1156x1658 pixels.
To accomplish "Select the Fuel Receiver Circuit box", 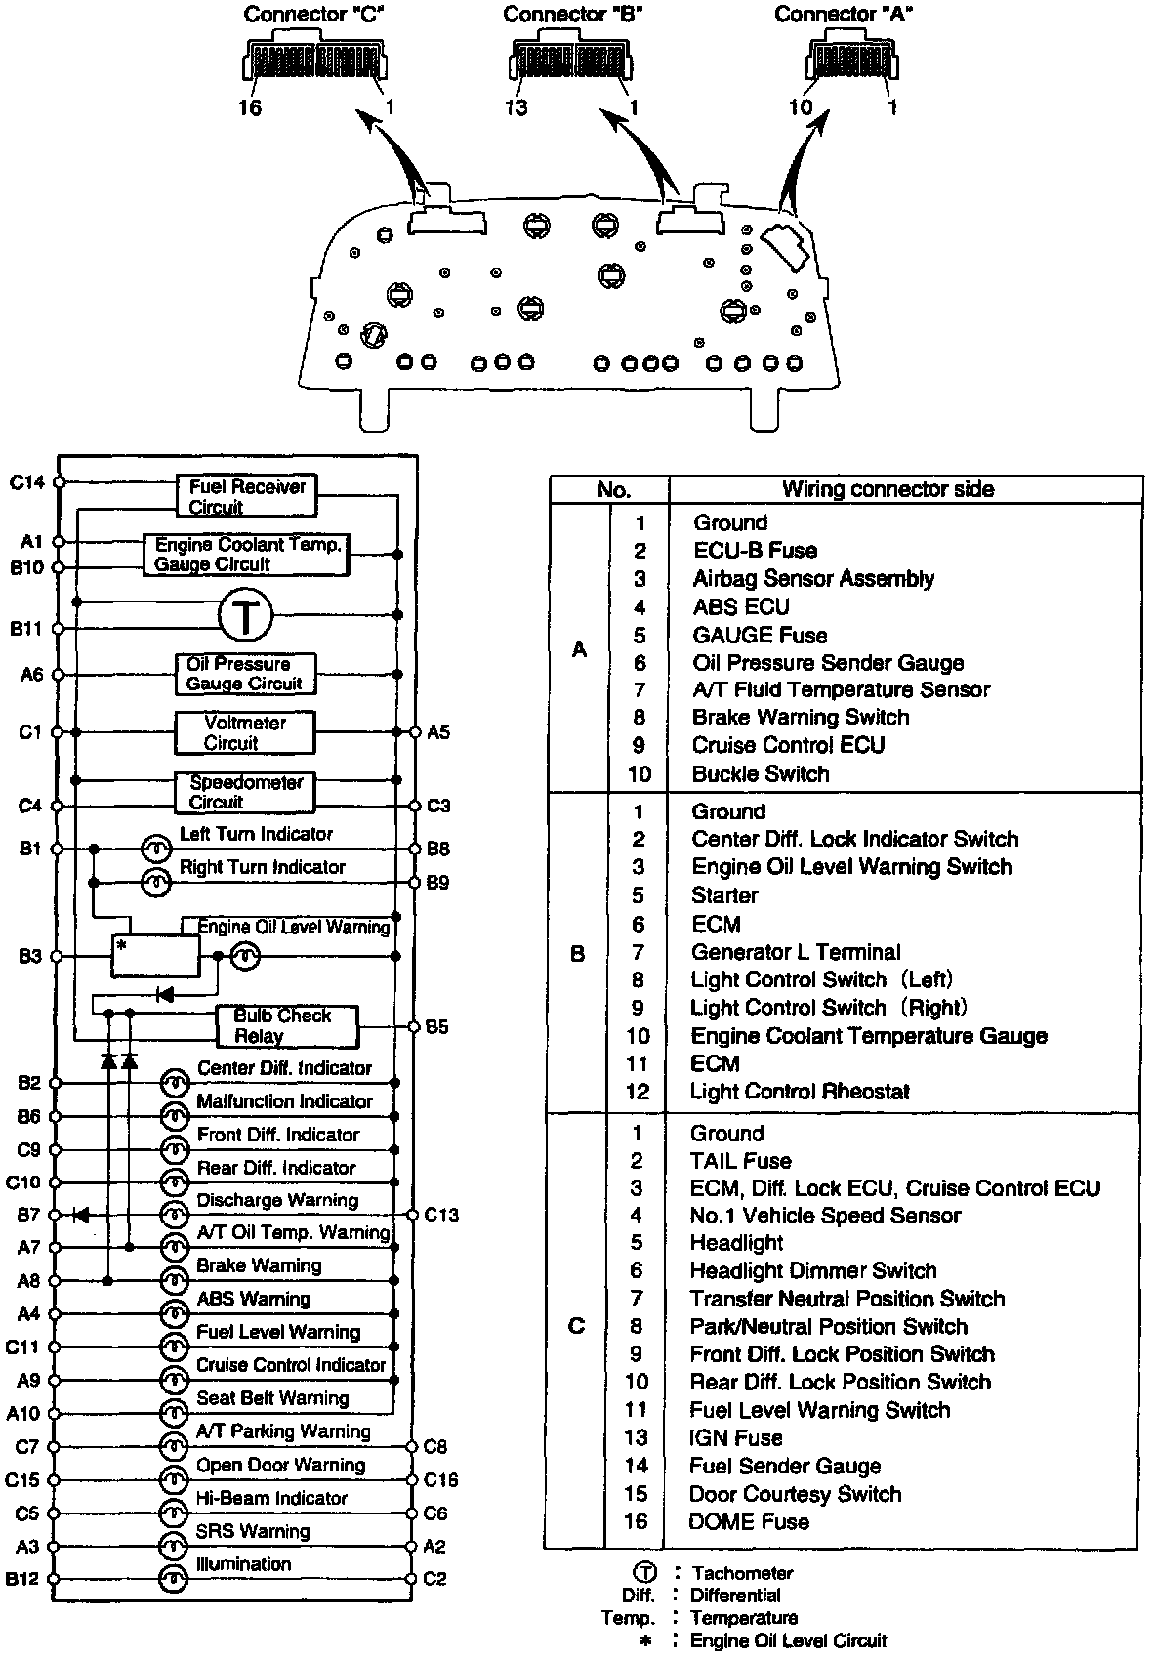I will point(247,496).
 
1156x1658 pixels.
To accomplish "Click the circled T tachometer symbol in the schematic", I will point(244,617).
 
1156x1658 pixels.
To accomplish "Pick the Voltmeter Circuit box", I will point(245,732).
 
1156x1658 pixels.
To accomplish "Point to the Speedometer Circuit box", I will point(245,792).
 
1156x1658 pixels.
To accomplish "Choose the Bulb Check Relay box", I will point(287,1026).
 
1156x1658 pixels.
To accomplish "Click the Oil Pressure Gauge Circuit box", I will point(245,674).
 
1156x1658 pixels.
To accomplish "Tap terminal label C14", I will point(26,481).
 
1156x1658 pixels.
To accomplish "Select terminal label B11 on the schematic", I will point(26,629).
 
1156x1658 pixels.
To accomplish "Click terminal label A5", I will point(438,732).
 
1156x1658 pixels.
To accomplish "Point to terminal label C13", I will point(440,1215).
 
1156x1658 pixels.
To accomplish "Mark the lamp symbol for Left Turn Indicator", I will point(156,848).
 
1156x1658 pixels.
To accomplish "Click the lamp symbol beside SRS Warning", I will point(173,1547).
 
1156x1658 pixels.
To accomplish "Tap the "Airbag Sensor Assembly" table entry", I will point(812,579).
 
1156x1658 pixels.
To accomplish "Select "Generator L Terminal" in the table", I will point(795,952).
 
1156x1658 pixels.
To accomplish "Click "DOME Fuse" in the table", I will point(748,1521).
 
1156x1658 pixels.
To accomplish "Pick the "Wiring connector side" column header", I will point(888,490).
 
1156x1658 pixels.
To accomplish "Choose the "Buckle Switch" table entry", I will point(760,774).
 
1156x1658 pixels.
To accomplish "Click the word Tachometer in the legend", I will point(742,1573).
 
